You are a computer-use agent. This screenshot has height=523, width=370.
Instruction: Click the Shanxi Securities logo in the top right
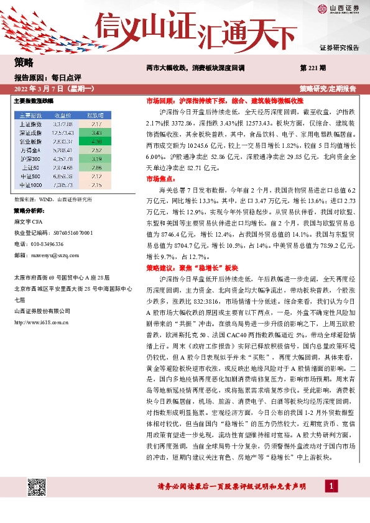pos(338,8)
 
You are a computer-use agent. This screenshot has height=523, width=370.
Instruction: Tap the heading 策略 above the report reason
pos(23,62)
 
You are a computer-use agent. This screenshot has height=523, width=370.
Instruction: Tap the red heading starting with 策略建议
pos(192,267)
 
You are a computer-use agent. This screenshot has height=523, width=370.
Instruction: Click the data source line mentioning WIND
pos(53,199)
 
